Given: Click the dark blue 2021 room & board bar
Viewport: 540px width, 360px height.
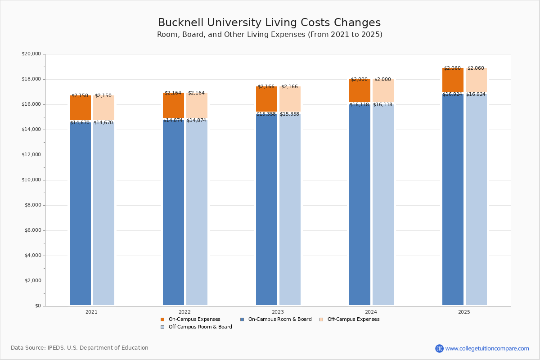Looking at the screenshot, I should pyautogui.click(x=80, y=214).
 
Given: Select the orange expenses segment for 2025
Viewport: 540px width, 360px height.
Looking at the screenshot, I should pyautogui.click(x=453, y=80).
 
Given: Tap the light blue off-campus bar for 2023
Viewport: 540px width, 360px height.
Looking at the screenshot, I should pyautogui.click(x=290, y=209).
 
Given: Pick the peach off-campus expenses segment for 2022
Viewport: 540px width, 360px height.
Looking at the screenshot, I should pyautogui.click(x=197, y=105).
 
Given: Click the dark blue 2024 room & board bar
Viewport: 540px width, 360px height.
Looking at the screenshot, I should pyautogui.click(x=360, y=205).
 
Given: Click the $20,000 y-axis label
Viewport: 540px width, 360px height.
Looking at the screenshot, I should pyautogui.click(x=31, y=54).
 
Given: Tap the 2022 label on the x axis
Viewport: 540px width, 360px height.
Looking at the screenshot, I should pyautogui.click(x=184, y=312).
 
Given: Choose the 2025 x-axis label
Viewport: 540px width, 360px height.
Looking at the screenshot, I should pyautogui.click(x=464, y=312).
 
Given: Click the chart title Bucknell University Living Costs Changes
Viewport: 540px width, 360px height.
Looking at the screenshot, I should pyautogui.click(x=269, y=23).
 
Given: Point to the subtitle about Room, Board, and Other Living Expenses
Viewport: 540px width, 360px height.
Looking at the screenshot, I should pyautogui.click(x=270, y=35).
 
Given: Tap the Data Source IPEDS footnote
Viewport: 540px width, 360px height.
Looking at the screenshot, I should pyautogui.click(x=80, y=348).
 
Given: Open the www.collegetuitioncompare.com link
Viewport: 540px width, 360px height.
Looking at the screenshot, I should pyautogui.click(x=487, y=348).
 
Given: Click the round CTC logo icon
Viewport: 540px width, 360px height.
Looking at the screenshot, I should pyautogui.click(x=439, y=348).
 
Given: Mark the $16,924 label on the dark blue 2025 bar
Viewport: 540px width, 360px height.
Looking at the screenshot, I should pyautogui.click(x=452, y=94).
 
